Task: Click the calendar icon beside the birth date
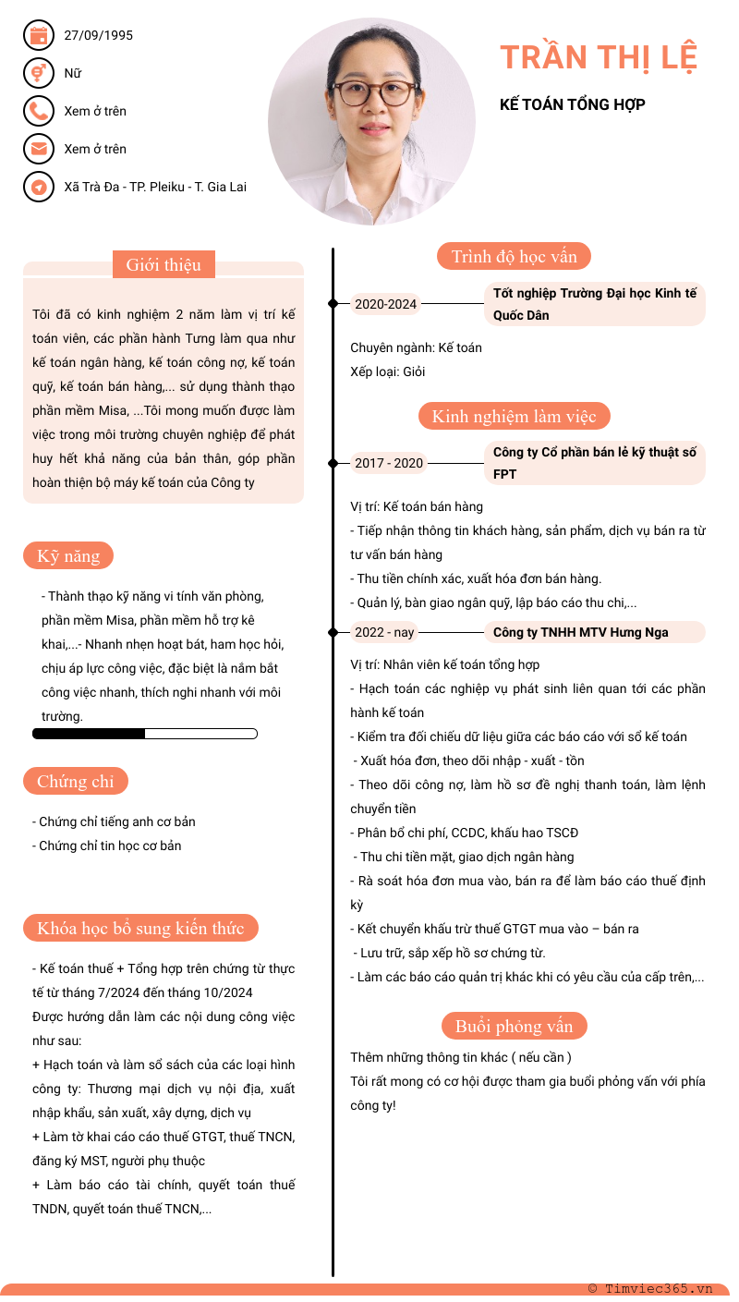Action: [38, 36]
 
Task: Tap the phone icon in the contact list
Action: [38, 111]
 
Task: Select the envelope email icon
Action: [38, 149]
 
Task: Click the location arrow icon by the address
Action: [38, 187]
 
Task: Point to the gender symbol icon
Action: [38, 73]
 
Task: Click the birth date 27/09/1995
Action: [99, 36]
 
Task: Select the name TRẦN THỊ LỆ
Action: [599, 57]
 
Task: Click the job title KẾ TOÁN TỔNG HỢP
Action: [573, 104]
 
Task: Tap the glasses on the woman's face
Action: [374, 92]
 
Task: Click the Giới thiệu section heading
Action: [164, 265]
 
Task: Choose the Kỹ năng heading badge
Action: [68, 556]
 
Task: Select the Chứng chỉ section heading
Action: [76, 782]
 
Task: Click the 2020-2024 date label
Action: [386, 304]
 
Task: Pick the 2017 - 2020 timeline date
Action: [389, 463]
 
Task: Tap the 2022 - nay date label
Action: [385, 632]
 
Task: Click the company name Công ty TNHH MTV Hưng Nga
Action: [581, 632]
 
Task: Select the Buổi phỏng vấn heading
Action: [514, 1027]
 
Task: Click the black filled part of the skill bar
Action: [89, 734]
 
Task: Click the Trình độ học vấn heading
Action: [514, 257]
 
